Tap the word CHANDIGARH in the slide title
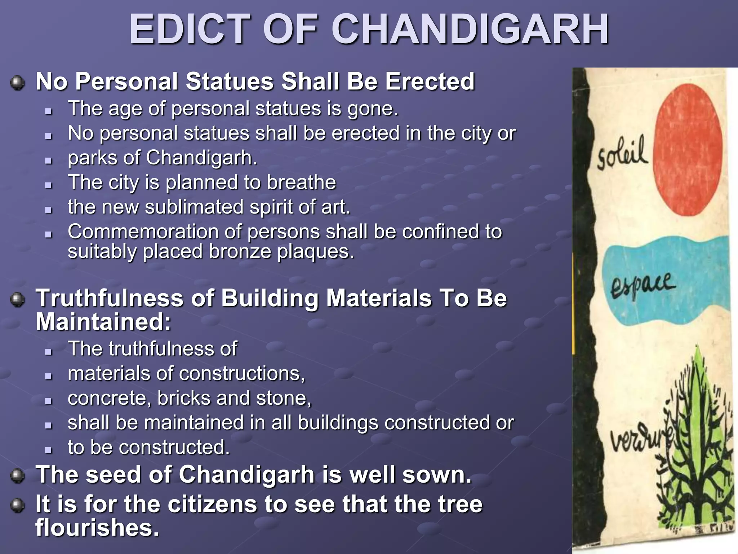click(470, 30)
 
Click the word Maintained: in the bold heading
click(103, 322)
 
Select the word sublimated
click(194, 207)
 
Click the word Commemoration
click(143, 232)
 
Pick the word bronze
click(240, 251)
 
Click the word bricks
click(184, 398)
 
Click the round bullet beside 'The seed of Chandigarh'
click(17, 475)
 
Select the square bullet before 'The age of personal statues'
click(49, 111)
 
